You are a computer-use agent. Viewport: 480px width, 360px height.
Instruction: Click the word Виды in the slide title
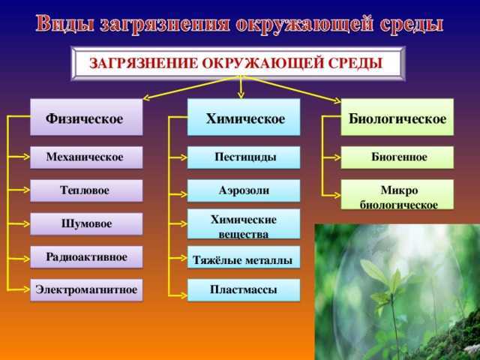click(65, 23)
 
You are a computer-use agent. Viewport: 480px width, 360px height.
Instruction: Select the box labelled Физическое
click(86, 117)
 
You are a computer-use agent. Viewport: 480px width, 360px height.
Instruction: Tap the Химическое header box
click(244, 117)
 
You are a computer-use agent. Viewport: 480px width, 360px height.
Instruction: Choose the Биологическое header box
click(397, 117)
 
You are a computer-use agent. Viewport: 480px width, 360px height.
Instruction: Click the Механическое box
click(86, 157)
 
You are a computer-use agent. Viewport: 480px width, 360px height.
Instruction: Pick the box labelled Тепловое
click(86, 190)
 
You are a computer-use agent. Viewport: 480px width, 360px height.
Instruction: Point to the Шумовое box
click(86, 223)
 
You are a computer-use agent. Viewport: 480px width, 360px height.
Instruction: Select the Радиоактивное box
click(86, 257)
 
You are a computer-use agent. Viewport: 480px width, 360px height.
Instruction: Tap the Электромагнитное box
click(86, 290)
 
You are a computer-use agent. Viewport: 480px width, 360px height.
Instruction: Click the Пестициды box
click(244, 157)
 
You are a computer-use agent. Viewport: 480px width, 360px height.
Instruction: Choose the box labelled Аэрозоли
click(244, 190)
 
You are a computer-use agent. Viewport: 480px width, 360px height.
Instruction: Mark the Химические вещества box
click(244, 223)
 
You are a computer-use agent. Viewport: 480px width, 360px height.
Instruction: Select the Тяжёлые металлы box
click(244, 257)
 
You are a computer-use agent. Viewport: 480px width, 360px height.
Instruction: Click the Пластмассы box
click(244, 290)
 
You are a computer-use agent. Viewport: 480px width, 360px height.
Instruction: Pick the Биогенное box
click(397, 157)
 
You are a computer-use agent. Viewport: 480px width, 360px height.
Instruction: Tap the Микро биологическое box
click(397, 194)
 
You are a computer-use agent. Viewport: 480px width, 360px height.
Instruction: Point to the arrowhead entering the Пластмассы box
click(184, 295)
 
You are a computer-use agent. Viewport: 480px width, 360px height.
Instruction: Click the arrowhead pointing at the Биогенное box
click(337, 157)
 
